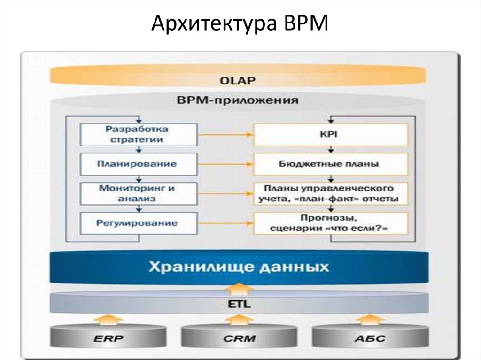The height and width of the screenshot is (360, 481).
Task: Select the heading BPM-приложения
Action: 237,100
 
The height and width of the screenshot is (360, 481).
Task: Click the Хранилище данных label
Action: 239,268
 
